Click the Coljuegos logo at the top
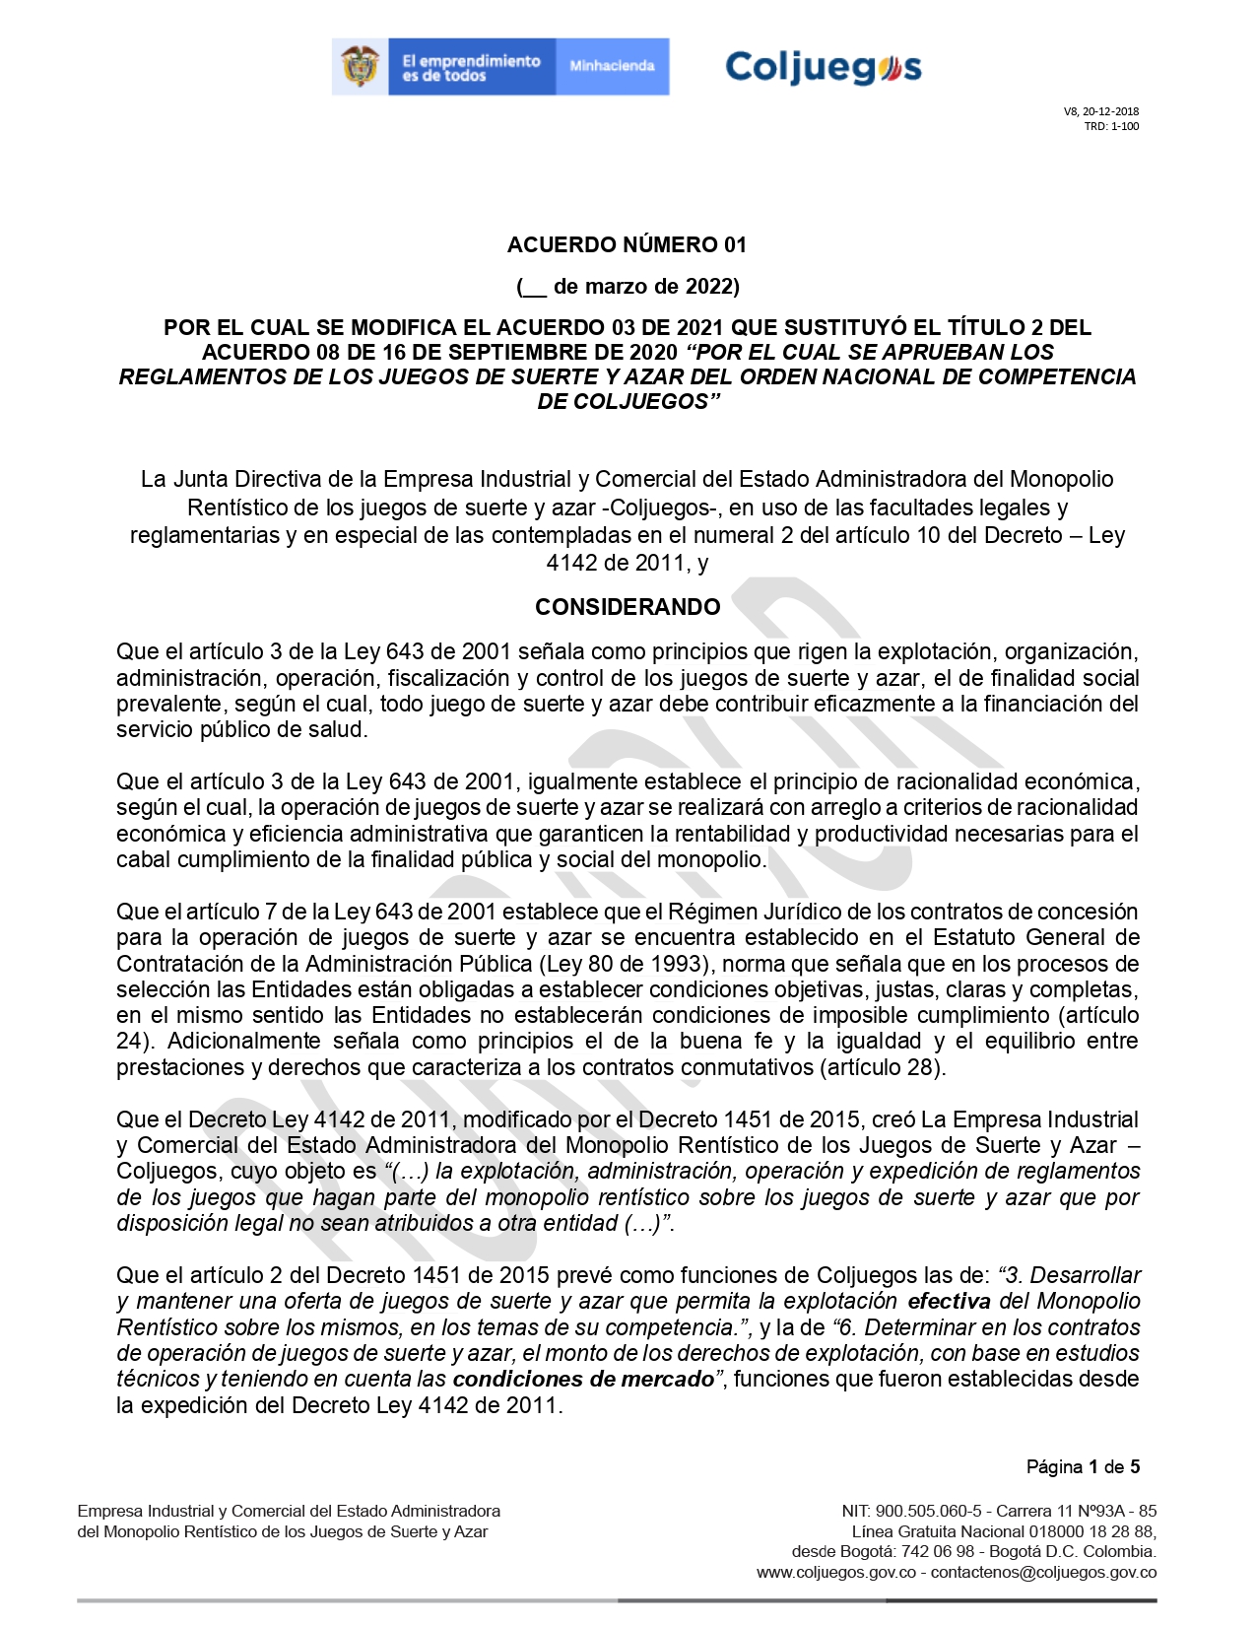pyautogui.click(x=823, y=67)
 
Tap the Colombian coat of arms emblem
pyautogui.click(x=361, y=67)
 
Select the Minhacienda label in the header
pyautogui.click(x=612, y=66)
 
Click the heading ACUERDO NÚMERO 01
pyautogui.click(x=627, y=244)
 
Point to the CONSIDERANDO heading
pyautogui.click(x=628, y=607)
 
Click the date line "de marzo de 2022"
pyautogui.click(x=645, y=287)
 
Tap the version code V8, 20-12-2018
pyautogui.click(x=1100, y=111)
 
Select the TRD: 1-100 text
pyautogui.click(x=1111, y=126)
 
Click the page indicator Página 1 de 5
pyautogui.click(x=1083, y=1466)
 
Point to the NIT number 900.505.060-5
pyautogui.click(x=928, y=1511)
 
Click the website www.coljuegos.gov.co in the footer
pyautogui.click(x=836, y=1572)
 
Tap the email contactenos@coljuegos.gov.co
pyautogui.click(x=1043, y=1572)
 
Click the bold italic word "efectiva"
pyautogui.click(x=950, y=1301)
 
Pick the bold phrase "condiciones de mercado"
pyautogui.click(x=583, y=1379)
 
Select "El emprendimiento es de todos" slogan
pyautogui.click(x=471, y=67)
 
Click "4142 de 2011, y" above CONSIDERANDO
pyautogui.click(x=628, y=563)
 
